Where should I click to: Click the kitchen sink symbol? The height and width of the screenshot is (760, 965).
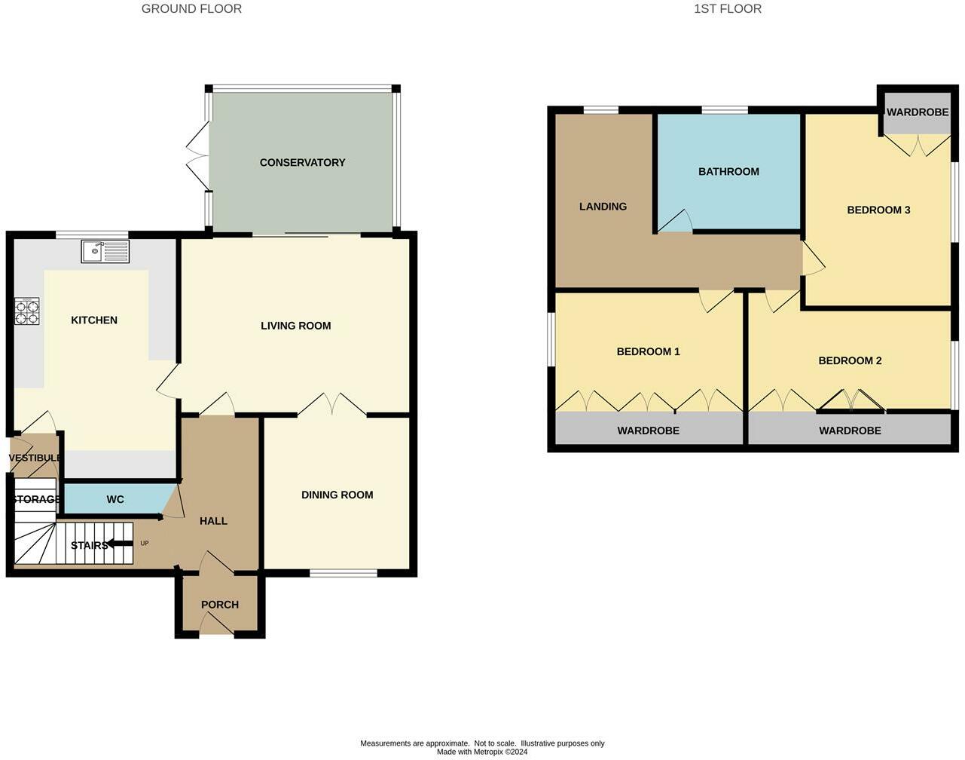click(x=105, y=251)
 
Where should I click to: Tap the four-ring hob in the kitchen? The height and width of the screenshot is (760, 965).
click(x=27, y=311)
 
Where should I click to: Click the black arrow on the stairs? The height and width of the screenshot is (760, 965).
click(x=120, y=544)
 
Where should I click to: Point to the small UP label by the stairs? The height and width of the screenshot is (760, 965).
click(x=145, y=543)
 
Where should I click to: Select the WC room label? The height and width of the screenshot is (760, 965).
click(x=115, y=499)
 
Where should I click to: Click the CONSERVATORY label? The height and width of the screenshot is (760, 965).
click(x=302, y=163)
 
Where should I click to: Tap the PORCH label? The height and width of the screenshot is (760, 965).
click(x=220, y=605)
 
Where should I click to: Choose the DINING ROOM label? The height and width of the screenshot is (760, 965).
click(x=337, y=495)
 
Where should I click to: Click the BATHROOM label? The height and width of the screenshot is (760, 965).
click(x=728, y=171)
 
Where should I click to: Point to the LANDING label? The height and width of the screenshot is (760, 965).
click(x=603, y=207)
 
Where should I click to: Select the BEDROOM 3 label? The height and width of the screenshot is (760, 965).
click(x=878, y=210)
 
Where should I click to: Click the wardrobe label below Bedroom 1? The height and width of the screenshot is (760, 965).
click(x=648, y=431)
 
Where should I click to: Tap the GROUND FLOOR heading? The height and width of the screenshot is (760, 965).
click(x=191, y=9)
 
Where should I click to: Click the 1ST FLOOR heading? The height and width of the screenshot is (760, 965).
click(x=728, y=9)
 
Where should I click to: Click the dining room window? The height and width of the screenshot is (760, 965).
click(x=344, y=573)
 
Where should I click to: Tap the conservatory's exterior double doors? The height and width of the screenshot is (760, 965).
click(x=198, y=156)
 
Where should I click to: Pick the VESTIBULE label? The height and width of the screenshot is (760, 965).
click(x=35, y=458)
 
